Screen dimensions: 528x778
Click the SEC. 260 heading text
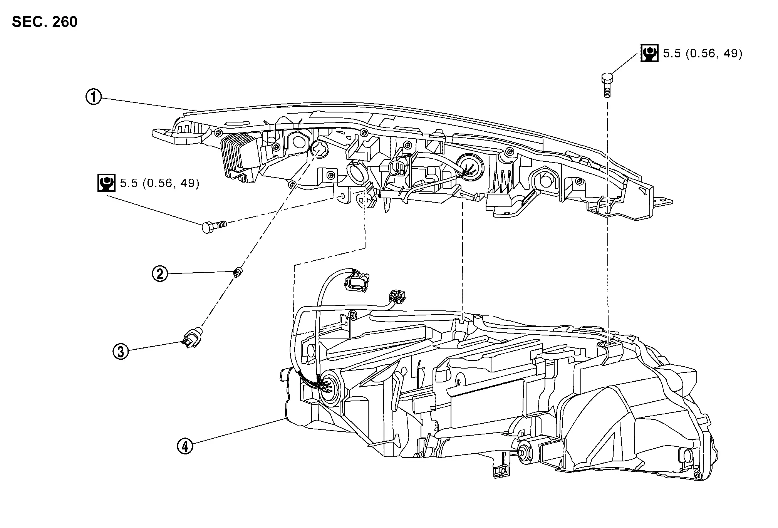tap(45, 22)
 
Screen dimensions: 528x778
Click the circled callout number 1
tap(93, 97)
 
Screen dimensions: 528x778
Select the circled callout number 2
tap(159, 274)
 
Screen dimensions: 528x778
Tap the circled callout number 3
tap(121, 351)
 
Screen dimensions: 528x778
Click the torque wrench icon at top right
tap(649, 53)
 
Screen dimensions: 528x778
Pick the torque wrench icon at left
tap(106, 183)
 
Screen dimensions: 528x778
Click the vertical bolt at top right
tap(607, 85)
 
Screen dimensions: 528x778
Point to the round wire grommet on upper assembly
tap(469, 167)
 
